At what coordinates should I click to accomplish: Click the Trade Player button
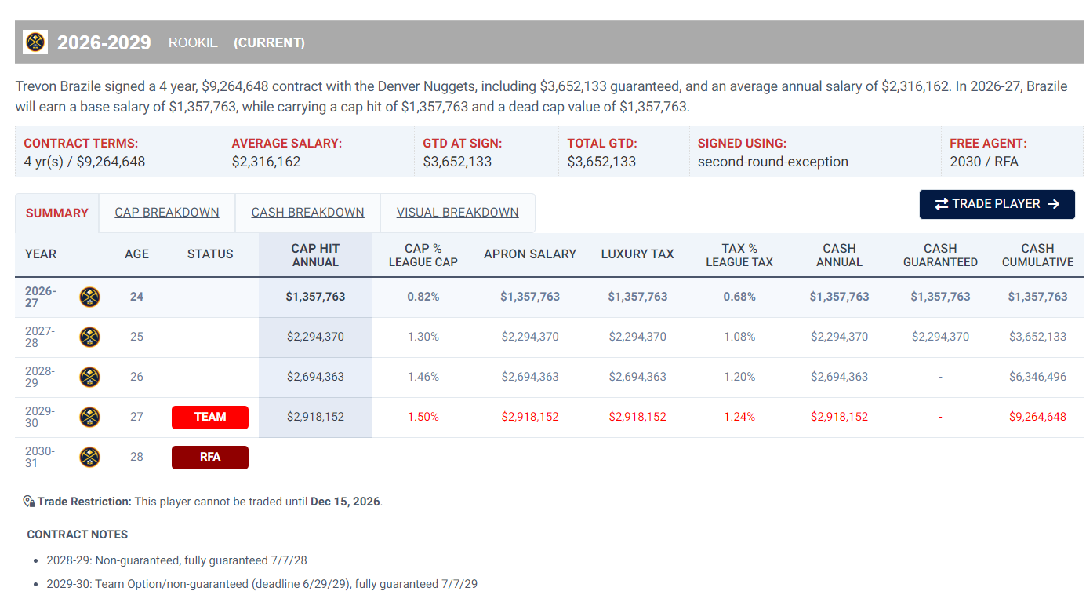pyautogui.click(x=997, y=204)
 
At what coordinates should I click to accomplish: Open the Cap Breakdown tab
pyautogui.click(x=167, y=213)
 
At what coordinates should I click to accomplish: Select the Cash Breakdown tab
pyautogui.click(x=307, y=213)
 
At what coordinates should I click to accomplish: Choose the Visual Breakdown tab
pyautogui.click(x=457, y=213)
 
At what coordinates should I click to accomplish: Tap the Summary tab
pyautogui.click(x=56, y=213)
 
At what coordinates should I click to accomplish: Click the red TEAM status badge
pyautogui.click(x=210, y=417)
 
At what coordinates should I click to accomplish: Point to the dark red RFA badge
pyautogui.click(x=210, y=458)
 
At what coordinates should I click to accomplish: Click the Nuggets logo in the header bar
pyautogui.click(x=35, y=42)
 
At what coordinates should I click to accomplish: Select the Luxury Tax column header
pyautogui.click(x=637, y=254)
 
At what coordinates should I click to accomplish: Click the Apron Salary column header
pyautogui.click(x=529, y=254)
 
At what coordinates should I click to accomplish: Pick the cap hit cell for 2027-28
pyautogui.click(x=315, y=337)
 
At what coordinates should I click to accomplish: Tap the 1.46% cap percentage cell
pyautogui.click(x=423, y=377)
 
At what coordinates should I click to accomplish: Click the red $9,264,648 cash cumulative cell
pyautogui.click(x=1037, y=417)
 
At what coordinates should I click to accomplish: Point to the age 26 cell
pyautogui.click(x=136, y=377)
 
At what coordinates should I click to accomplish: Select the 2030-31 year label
pyautogui.click(x=40, y=457)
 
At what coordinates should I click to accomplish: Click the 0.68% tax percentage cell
pyautogui.click(x=739, y=297)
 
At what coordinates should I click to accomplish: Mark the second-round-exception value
pyautogui.click(x=773, y=162)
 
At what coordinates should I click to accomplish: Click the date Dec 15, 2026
pyautogui.click(x=345, y=502)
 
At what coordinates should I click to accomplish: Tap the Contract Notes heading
pyautogui.click(x=77, y=535)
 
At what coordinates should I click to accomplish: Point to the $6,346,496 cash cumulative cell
pyautogui.click(x=1037, y=377)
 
